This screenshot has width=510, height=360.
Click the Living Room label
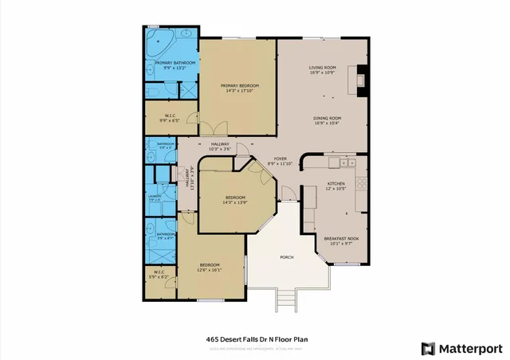[x=323, y=69]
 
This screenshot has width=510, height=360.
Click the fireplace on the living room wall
[x=363, y=79]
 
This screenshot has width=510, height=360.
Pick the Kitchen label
[x=335, y=185]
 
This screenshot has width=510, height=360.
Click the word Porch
[x=286, y=257]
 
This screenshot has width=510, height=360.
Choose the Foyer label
[x=280, y=161]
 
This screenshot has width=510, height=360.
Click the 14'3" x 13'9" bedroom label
[x=234, y=200]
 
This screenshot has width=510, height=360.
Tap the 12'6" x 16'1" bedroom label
[x=210, y=267]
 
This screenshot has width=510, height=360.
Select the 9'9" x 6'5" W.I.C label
[x=170, y=118]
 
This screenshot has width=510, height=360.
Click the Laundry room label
[x=155, y=198]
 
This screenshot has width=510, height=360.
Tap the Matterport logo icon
[x=429, y=348]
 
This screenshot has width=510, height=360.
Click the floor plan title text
[x=256, y=339]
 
